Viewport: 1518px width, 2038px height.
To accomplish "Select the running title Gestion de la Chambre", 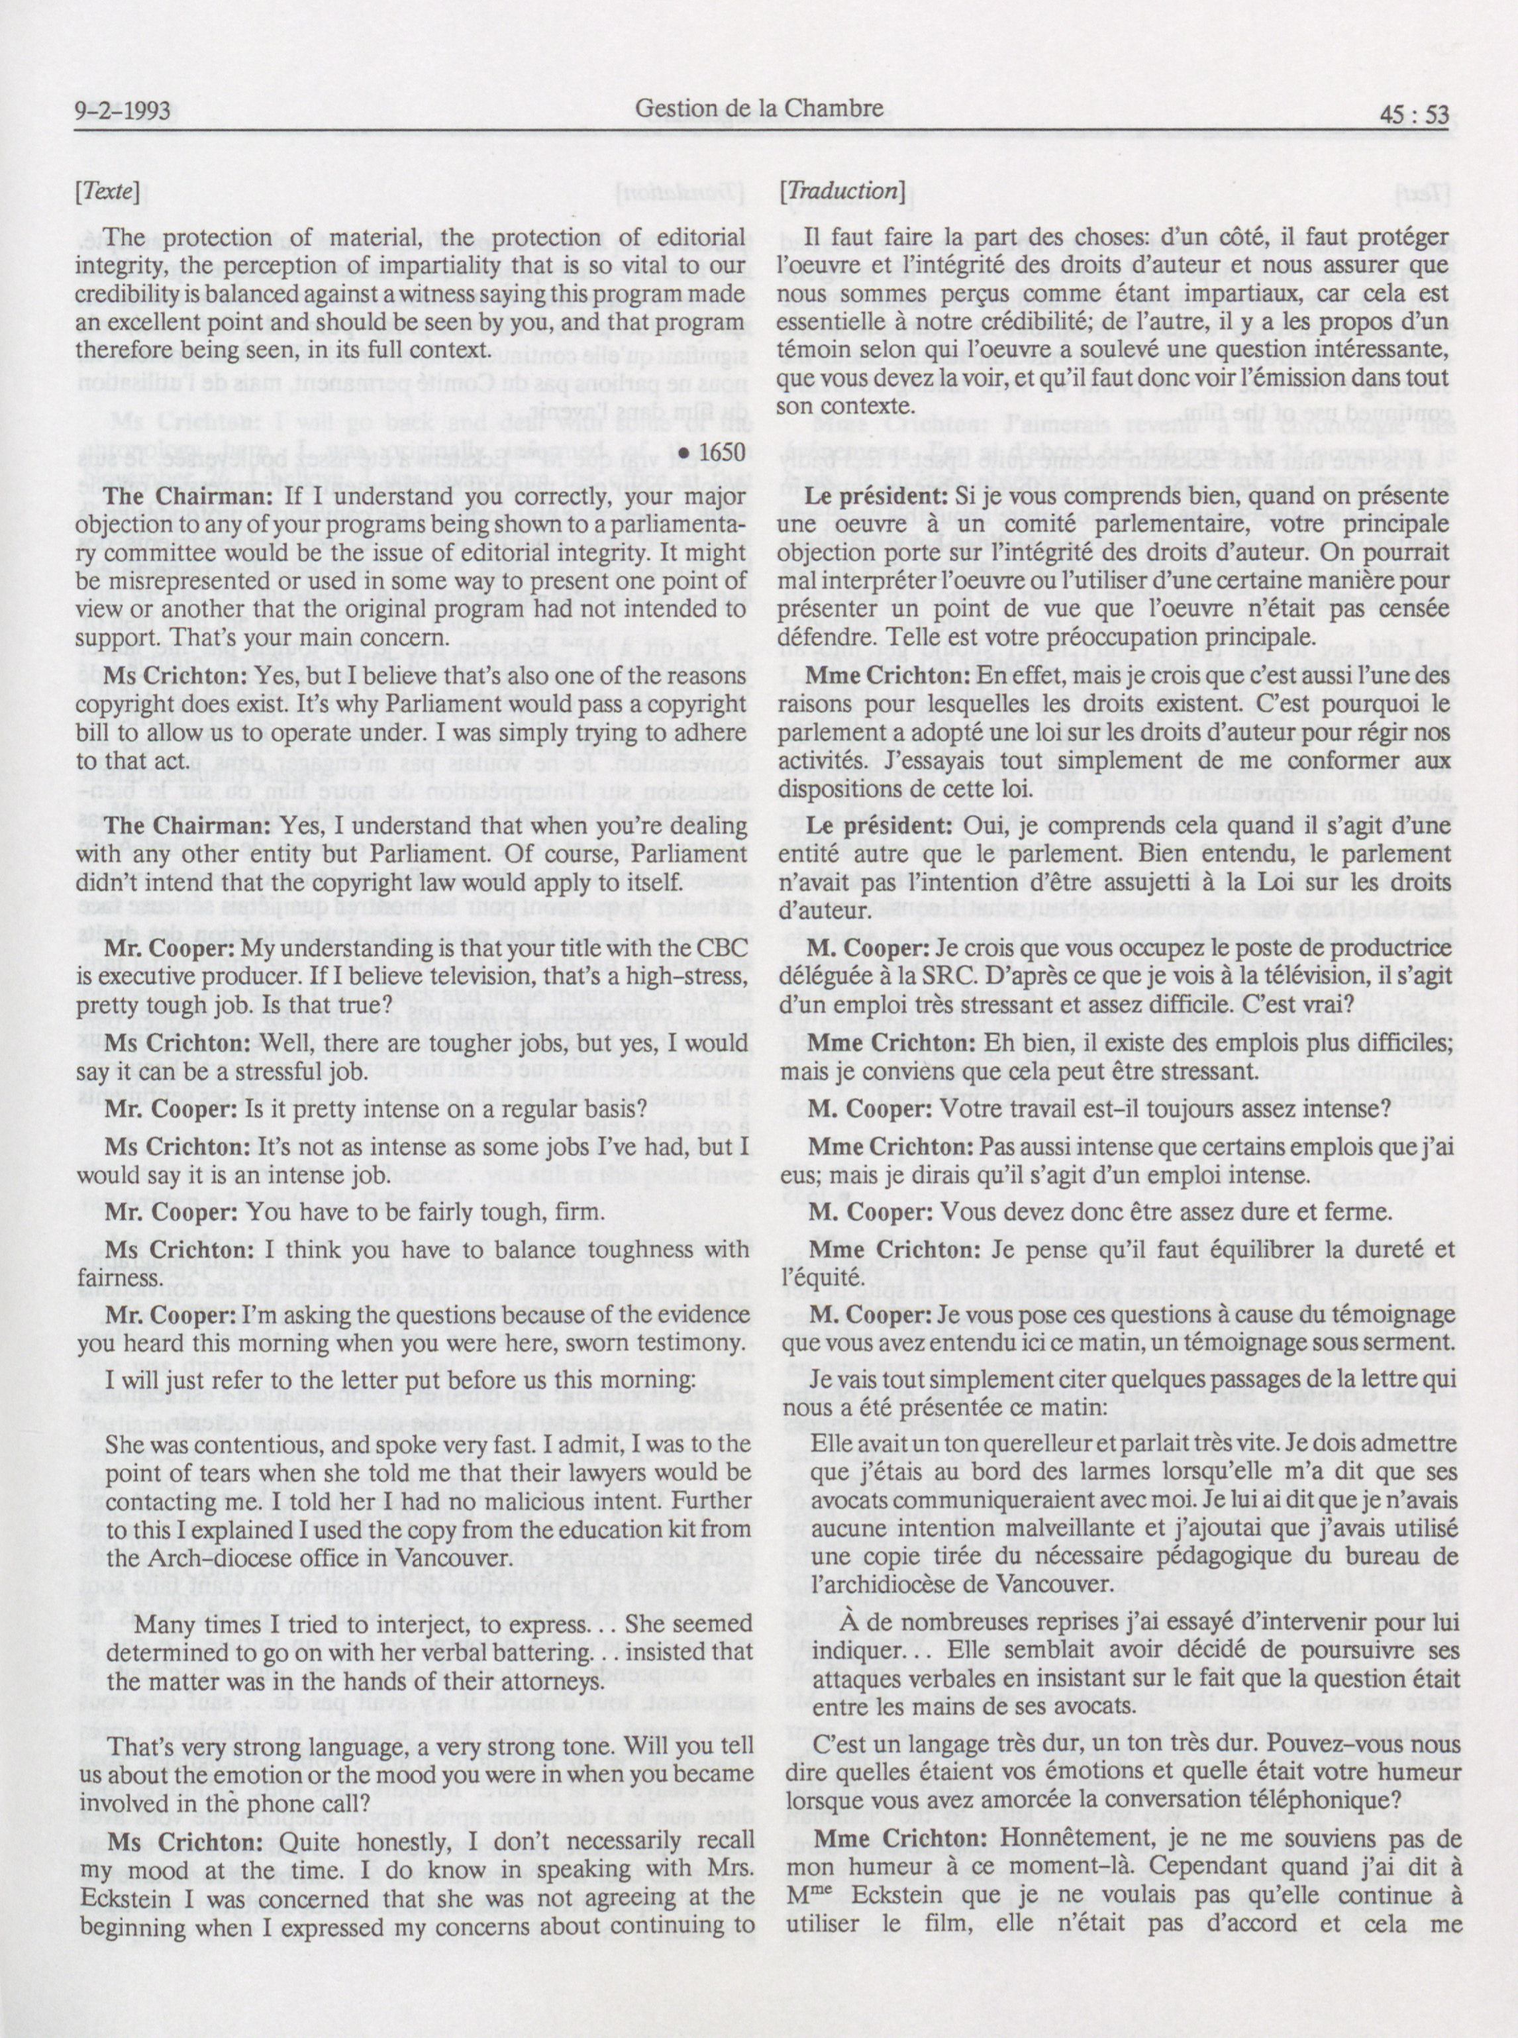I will (x=759, y=109).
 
